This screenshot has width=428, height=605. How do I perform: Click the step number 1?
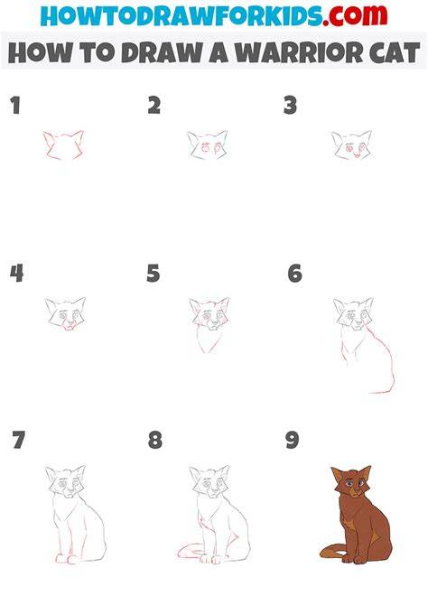[x=15, y=106]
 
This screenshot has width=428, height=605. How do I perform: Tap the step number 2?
[x=154, y=106]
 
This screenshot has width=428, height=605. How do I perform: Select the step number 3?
[x=290, y=106]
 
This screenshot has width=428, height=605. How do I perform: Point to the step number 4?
[x=16, y=274]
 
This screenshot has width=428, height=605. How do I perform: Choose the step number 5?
[x=154, y=274]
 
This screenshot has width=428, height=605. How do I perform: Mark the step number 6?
[x=295, y=274]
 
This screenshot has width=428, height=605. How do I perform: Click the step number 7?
[x=19, y=440]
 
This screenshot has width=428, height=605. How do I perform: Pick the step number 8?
[x=155, y=440]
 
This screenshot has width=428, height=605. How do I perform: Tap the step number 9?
[x=293, y=440]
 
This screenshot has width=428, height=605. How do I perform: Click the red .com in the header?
[x=355, y=15]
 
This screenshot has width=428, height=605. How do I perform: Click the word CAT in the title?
[x=395, y=52]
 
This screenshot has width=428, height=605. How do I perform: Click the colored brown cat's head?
[x=351, y=481]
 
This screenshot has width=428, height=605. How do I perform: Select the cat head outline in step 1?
[x=64, y=145]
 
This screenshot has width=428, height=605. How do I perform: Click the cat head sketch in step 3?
[x=351, y=145]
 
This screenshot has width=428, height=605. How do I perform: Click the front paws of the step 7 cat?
[x=67, y=558]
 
